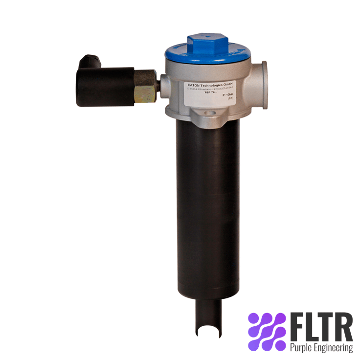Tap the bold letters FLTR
coord(320,327)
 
